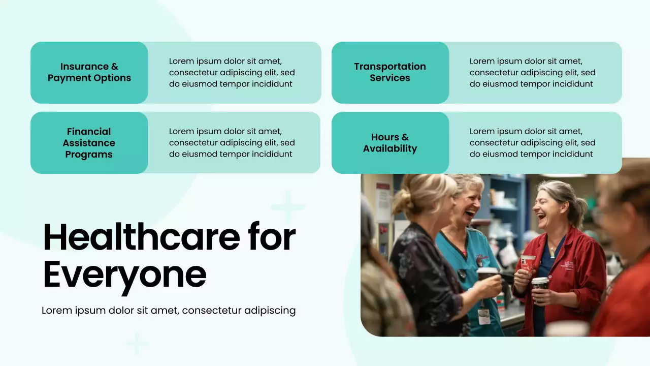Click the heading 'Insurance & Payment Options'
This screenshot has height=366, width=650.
pos(89,72)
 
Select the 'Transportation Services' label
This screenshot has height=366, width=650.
pos(390,72)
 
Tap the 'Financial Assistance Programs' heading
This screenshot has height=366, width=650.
pos(89,143)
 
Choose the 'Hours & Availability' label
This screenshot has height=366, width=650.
pos(390,143)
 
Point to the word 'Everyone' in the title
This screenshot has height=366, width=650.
pos(125,275)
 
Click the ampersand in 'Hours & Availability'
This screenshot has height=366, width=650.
pos(405,137)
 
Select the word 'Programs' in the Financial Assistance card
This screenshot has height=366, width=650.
pos(89,155)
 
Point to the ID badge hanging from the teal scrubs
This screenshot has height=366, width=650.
pos(484,316)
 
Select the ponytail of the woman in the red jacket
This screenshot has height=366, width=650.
pos(579,209)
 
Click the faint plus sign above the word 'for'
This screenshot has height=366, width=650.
pos(287,207)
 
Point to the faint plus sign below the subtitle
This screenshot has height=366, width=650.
pos(137,344)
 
